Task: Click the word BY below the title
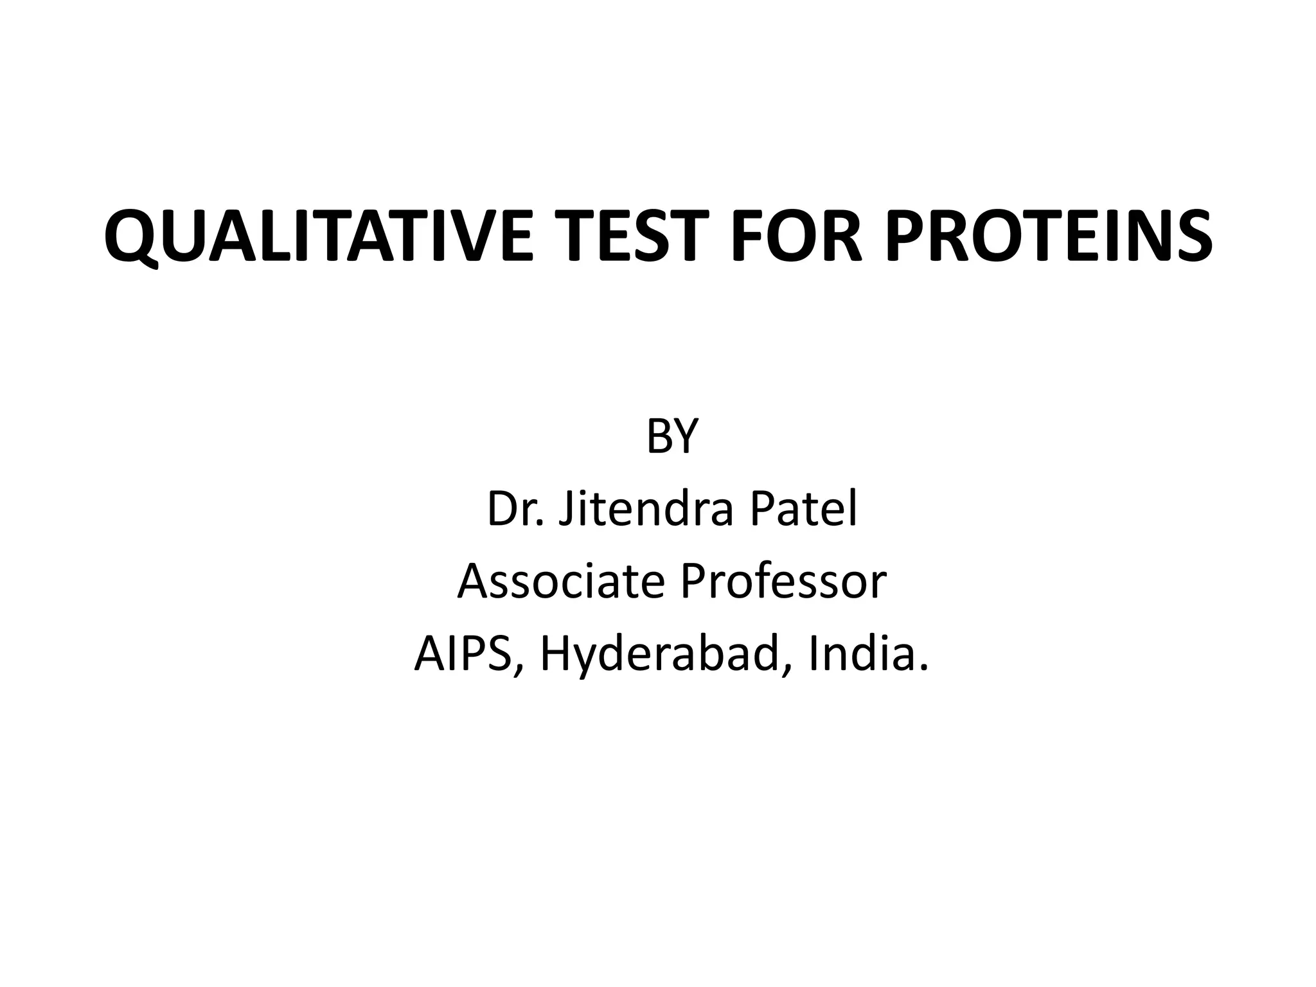[671, 436]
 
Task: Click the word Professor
[783, 582]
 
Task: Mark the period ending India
[924, 669]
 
